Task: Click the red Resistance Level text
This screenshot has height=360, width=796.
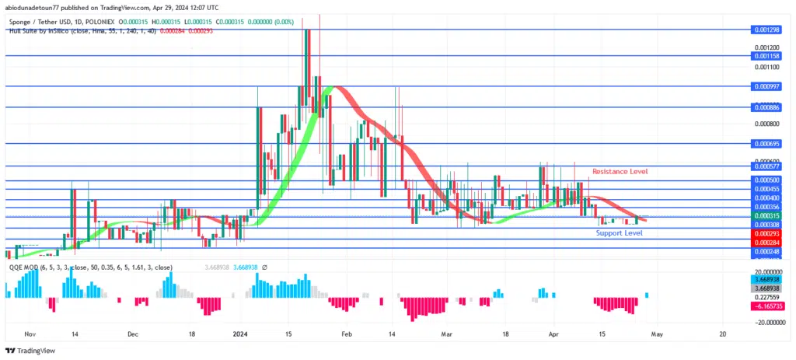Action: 620,171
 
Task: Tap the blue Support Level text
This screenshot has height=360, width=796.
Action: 619,232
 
